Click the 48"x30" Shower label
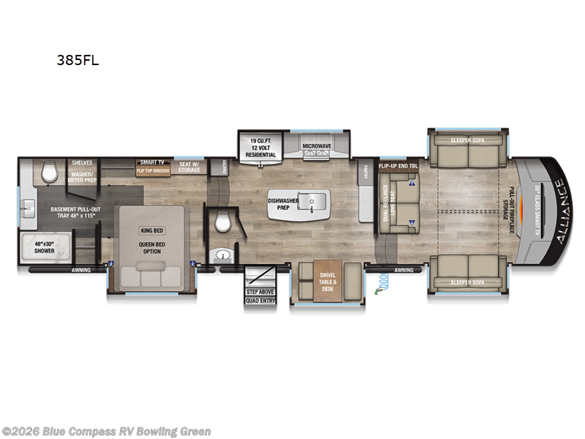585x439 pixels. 48,247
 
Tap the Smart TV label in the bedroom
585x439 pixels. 152,162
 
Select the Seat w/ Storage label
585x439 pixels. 189,168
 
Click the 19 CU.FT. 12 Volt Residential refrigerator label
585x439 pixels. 262,146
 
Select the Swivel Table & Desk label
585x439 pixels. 327,282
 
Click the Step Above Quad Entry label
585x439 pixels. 260,296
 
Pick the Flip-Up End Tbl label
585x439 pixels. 399,166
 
